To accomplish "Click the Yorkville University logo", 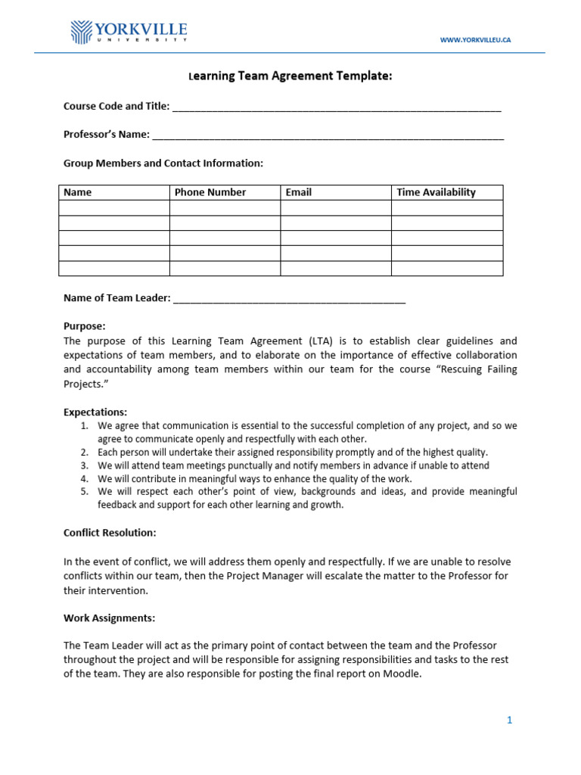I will (x=129, y=33).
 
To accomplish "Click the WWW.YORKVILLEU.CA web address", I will (x=475, y=39).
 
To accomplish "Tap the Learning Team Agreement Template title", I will (x=290, y=76).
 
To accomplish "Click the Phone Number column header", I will (x=210, y=192).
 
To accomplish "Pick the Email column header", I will (x=299, y=192).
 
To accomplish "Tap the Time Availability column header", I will (x=437, y=192).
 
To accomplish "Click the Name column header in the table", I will (x=78, y=192).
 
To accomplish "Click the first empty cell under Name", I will (x=114, y=208).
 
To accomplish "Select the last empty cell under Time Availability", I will (x=447, y=269).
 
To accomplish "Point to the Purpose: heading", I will (x=85, y=326).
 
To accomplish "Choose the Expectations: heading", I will (x=95, y=412).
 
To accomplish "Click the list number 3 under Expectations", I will (x=85, y=465).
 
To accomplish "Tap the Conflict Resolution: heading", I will (x=110, y=533).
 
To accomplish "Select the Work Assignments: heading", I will (x=109, y=618).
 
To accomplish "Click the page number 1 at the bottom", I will (x=510, y=721).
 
